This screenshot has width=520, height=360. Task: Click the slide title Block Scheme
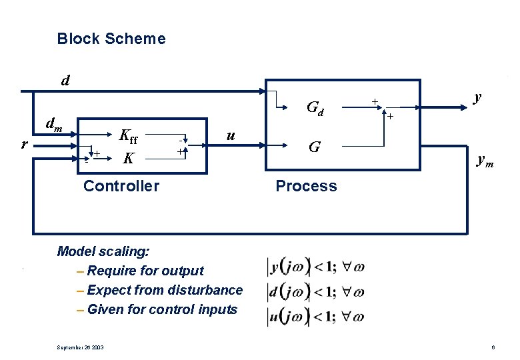(111, 39)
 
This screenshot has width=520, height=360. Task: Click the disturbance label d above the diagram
(65, 81)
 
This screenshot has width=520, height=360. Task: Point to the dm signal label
(54, 124)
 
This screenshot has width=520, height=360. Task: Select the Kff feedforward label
(128, 138)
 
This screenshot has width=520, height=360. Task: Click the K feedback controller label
(129, 159)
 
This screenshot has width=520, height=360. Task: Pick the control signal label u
(231, 135)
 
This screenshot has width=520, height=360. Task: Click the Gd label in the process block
(315, 107)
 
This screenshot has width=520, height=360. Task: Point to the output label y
(477, 97)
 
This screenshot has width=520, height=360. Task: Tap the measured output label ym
(485, 160)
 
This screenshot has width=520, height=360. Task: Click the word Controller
(121, 186)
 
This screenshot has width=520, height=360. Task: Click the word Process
(307, 186)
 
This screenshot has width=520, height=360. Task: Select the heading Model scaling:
(103, 251)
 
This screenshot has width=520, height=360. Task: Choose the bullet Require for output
(141, 271)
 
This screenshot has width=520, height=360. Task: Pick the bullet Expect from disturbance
(160, 290)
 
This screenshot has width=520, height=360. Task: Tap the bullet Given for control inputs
(157, 309)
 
